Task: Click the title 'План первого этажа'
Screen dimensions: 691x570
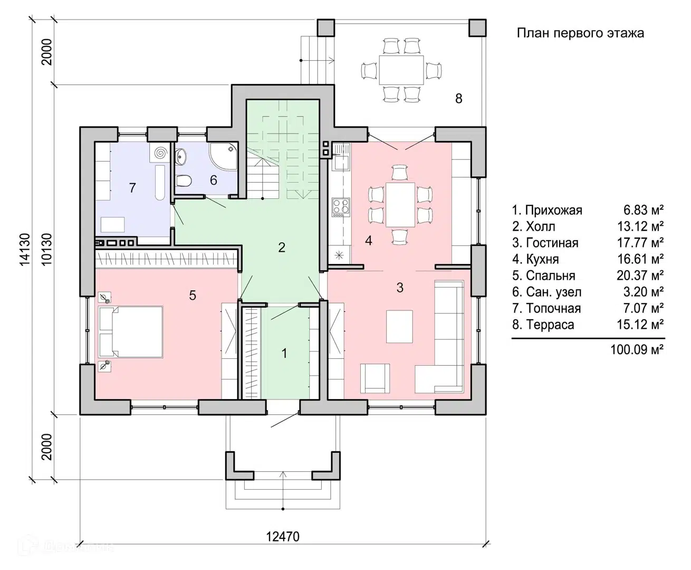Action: click(x=580, y=33)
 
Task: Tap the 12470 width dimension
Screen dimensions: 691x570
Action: click(x=283, y=537)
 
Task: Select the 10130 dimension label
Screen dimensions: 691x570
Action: click(x=46, y=249)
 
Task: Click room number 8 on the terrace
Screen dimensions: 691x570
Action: click(x=458, y=98)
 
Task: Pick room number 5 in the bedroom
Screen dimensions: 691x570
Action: click(x=193, y=295)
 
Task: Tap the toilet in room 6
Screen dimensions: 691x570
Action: click(x=184, y=181)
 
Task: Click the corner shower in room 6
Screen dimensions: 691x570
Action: click(x=224, y=156)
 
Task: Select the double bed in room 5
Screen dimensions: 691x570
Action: click(x=131, y=332)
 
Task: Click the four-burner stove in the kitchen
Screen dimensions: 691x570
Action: click(x=341, y=207)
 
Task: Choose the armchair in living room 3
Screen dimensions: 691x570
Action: click(x=375, y=378)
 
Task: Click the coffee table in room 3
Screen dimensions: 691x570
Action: click(x=399, y=327)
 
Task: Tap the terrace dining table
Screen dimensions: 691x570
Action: click(x=401, y=70)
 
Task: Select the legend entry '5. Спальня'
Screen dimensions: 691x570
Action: click(x=544, y=275)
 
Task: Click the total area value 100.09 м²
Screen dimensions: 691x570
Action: click(x=637, y=349)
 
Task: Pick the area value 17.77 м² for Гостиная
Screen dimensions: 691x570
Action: click(x=640, y=243)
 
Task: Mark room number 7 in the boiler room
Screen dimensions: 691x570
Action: click(x=132, y=188)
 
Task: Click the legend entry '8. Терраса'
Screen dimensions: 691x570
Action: click(x=543, y=325)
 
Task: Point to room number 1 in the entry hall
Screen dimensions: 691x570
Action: click(x=284, y=354)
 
